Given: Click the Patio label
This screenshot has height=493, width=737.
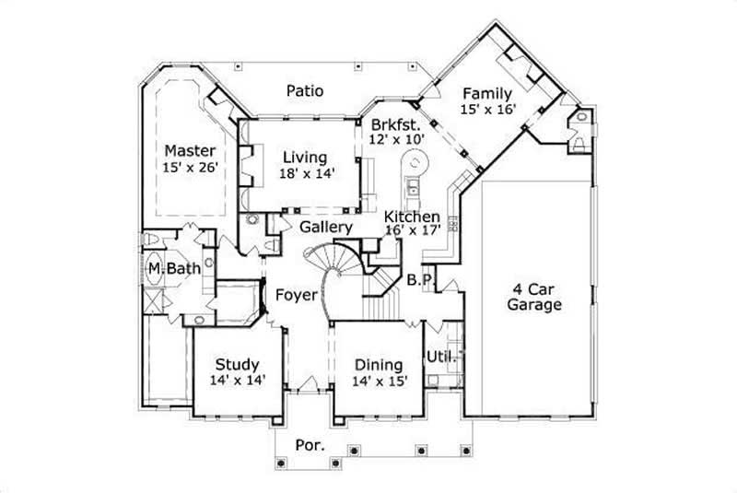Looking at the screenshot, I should [304, 90].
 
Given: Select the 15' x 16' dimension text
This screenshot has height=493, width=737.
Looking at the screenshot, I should [488, 109].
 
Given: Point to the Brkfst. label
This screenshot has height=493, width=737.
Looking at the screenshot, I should [396, 123].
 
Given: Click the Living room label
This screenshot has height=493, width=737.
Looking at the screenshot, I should [305, 156].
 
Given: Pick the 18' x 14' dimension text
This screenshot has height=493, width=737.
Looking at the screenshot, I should [305, 171].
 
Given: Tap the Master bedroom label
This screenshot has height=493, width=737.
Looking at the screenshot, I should [190, 150].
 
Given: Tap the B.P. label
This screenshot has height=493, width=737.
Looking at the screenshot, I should [419, 278].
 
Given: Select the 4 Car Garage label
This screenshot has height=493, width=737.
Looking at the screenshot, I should [534, 297].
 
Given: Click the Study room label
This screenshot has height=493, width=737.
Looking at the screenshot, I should [237, 364].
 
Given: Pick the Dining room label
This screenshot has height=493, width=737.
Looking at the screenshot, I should [378, 364].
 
